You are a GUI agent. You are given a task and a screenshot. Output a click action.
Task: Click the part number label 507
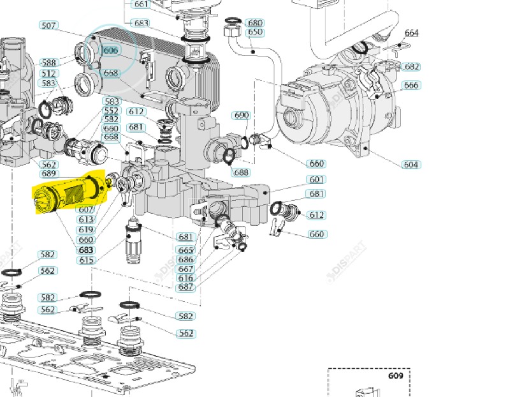coord(48,26)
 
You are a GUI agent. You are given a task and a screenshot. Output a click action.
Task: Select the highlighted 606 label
coord(111,50)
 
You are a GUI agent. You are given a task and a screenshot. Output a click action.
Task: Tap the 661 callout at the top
coord(141,4)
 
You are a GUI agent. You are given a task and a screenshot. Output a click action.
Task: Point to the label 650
coord(255,32)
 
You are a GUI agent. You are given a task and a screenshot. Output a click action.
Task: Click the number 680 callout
coord(255,23)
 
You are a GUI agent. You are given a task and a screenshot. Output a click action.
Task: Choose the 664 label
coord(412,33)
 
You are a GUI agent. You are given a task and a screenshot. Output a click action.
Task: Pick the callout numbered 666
coord(412,86)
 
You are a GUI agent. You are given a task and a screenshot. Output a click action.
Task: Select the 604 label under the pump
coord(411,165)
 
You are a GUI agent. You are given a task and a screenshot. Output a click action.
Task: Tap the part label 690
coord(242,116)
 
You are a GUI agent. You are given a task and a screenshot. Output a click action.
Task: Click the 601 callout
coord(317,179)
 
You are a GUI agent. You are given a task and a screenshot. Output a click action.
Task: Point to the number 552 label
coord(112,110)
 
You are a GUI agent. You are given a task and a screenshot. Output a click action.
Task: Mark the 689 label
coord(48,174)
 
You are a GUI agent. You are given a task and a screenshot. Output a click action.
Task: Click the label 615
coord(86,260)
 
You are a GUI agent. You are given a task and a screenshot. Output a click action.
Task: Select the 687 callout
coord(185,287)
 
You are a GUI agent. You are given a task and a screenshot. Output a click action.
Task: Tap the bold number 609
coord(396,376)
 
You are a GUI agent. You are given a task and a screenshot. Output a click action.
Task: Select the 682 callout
coord(412,67)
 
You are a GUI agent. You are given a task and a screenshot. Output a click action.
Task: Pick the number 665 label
coord(185,251)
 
